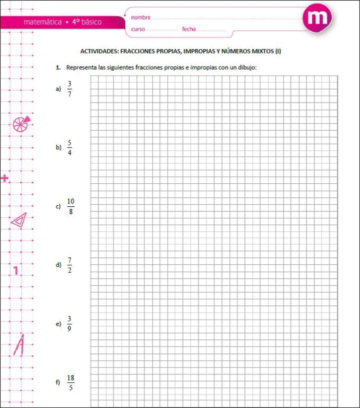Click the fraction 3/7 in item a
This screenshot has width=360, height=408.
pos(69,89)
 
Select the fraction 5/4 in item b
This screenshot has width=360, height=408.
pos(69,147)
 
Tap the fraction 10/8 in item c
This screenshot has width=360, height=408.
pos(70,206)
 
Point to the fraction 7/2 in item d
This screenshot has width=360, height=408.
pos(69,265)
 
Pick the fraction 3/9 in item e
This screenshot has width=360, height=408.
pos(69,323)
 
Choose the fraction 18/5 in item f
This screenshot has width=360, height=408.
pos(70,382)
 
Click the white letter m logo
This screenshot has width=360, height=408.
pos(317,19)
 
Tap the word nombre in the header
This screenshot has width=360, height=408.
pos(140,18)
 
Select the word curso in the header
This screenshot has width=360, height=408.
pos(138,29)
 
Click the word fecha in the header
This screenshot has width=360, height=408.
pos(189,29)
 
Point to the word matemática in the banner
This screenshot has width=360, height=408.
pos(42,22)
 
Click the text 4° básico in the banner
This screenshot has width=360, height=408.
pos(86,22)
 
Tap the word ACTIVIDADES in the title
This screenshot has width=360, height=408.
pos(99,51)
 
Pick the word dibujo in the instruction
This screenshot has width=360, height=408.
pos(246,67)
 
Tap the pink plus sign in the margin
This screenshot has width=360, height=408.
pos(5,178)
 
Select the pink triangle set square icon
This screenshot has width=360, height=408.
pos(19,220)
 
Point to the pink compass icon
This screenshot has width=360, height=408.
pos(19,345)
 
